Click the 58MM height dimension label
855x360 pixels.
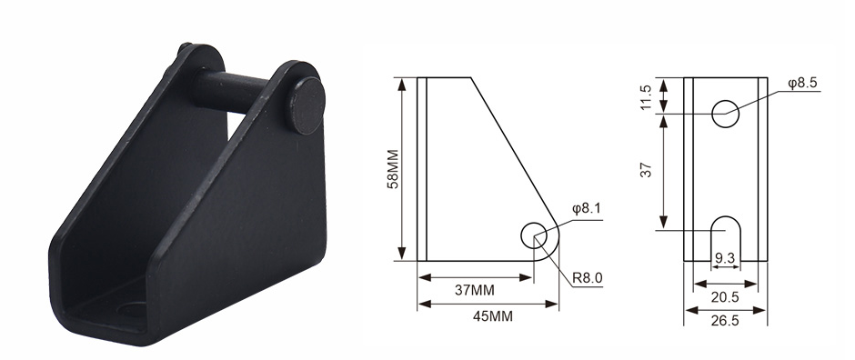pyautogui.click(x=393, y=169)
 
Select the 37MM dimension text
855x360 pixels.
pyautogui.click(x=475, y=290)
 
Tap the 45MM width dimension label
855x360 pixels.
pyautogui.click(x=492, y=316)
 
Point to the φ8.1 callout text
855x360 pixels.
pyautogui.click(x=586, y=208)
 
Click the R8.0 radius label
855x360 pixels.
pyautogui.click(x=588, y=278)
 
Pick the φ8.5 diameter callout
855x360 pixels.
pyautogui.click(x=802, y=83)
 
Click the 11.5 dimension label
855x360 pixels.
pyautogui.click(x=647, y=97)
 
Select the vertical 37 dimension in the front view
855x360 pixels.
pyautogui.click(x=647, y=170)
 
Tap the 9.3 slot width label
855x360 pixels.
pyautogui.click(x=725, y=257)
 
